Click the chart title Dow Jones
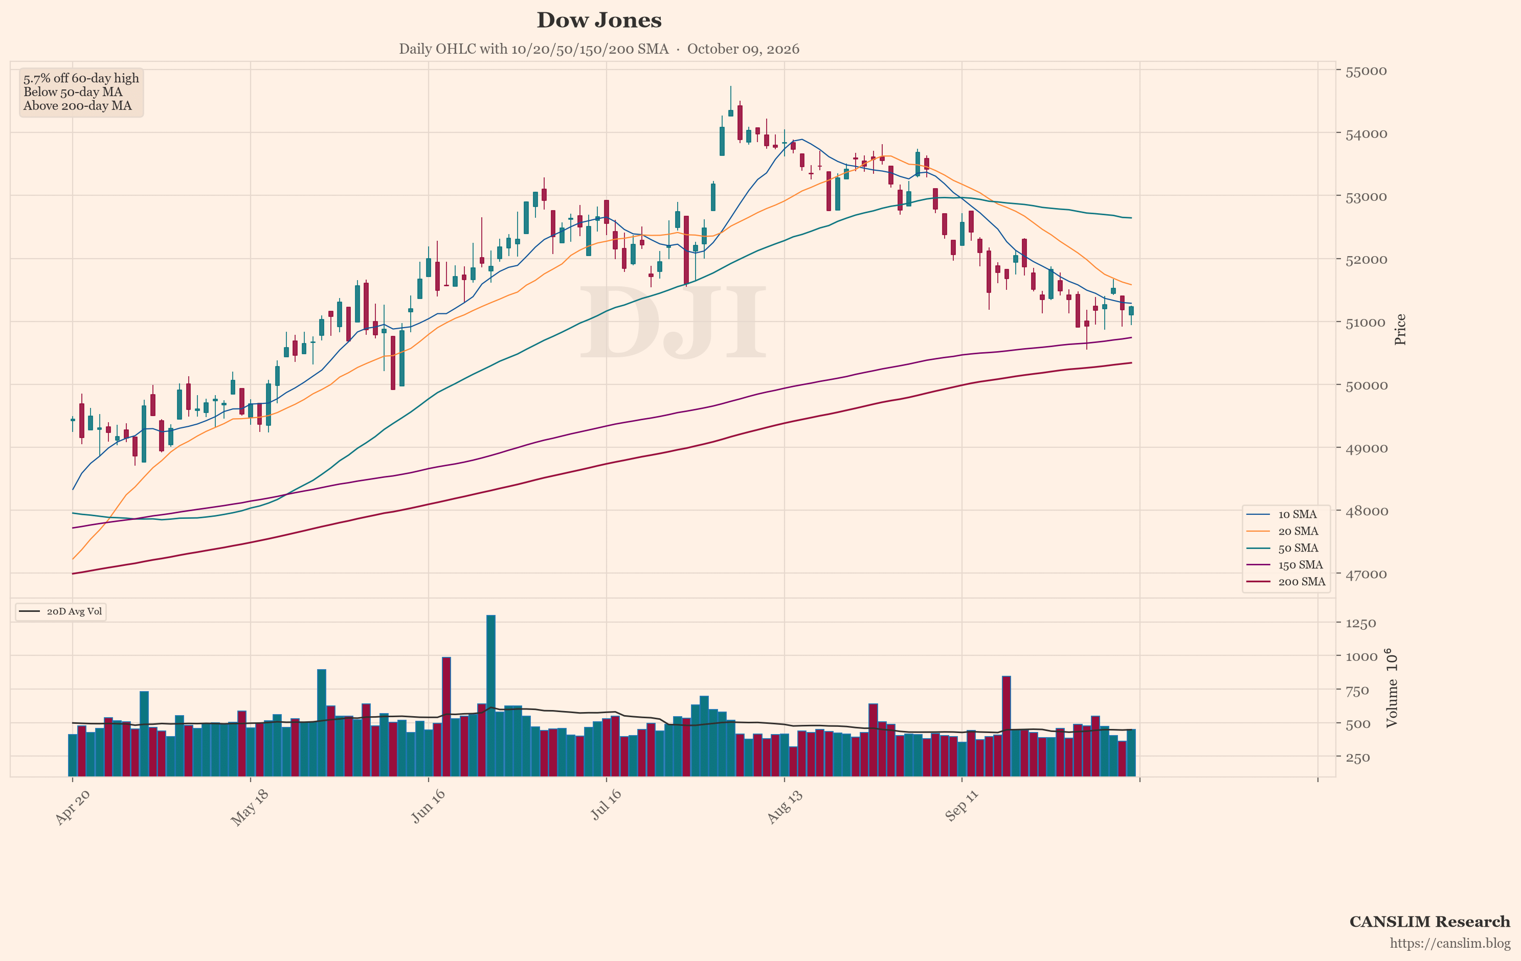point(599,20)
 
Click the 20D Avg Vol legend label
point(74,611)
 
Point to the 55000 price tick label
point(1366,71)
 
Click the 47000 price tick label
point(1366,574)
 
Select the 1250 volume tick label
point(1360,623)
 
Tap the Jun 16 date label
point(428,806)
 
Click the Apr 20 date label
point(73,806)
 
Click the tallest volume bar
point(491,695)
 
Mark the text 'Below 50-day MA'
point(73,92)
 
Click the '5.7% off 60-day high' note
point(81,78)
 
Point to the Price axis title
point(1400,329)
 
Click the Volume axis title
point(1392,688)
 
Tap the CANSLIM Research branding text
point(1429,922)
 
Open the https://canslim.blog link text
point(1449,943)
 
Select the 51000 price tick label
point(1366,323)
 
